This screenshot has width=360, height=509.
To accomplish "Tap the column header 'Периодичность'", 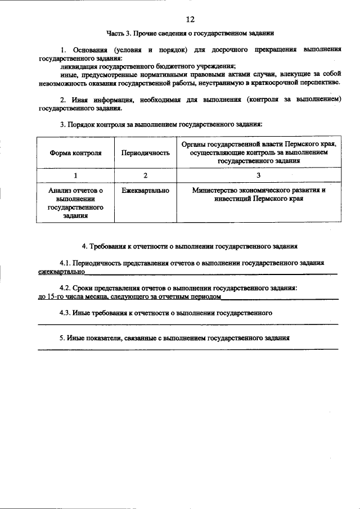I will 145,152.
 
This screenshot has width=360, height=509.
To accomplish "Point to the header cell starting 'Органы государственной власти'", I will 258,152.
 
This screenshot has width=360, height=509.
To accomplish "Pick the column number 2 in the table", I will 145,175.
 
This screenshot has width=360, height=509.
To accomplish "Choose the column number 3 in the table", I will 258,175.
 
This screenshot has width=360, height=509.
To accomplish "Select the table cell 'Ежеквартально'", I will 145,191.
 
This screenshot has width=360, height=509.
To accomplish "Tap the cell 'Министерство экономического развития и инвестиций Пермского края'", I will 258,195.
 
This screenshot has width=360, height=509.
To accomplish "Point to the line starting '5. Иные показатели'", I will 174,338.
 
